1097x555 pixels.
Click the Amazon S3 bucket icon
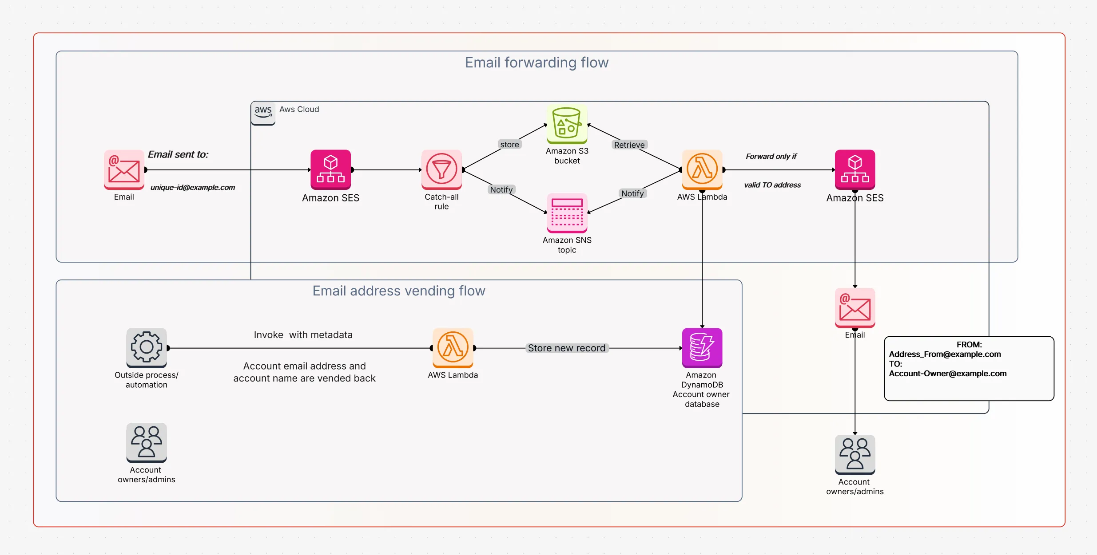(567, 124)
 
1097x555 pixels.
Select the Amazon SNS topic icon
(567, 213)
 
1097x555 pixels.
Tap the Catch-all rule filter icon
(441, 169)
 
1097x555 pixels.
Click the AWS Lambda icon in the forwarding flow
(702, 169)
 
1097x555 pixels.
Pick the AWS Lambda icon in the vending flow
(453, 348)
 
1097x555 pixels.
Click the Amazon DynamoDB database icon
(702, 348)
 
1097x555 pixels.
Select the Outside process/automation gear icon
(147, 348)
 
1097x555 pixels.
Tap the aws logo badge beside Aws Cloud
(263, 113)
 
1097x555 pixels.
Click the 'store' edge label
(509, 145)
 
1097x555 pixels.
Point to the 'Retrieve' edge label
(629, 145)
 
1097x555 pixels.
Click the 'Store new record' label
(567, 348)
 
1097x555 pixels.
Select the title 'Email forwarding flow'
(537, 63)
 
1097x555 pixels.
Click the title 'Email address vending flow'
(399, 291)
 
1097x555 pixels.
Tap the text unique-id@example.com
(193, 188)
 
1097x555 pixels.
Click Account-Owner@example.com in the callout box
(947, 374)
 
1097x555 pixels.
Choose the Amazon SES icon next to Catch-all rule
(331, 169)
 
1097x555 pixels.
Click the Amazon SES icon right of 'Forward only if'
(855, 169)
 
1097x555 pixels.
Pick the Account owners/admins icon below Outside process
(147, 442)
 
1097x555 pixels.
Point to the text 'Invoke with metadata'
(303, 335)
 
